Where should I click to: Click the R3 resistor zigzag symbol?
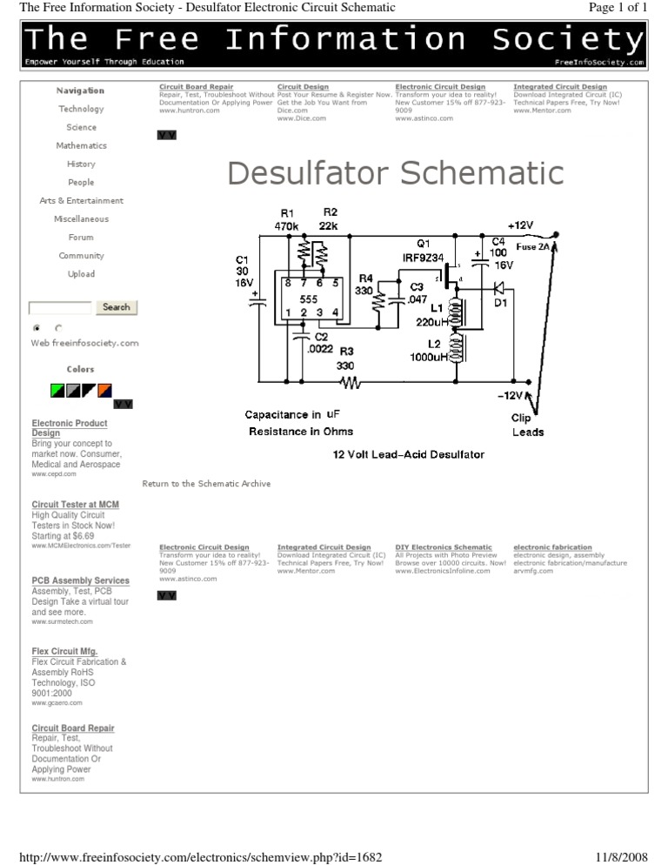point(350,381)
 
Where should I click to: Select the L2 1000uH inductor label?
point(435,351)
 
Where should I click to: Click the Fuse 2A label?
point(532,247)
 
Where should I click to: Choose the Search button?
point(116,307)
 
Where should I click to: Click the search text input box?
point(60,308)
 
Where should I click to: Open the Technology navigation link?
point(81,109)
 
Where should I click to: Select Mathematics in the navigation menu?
point(81,145)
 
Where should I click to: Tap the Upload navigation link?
point(81,274)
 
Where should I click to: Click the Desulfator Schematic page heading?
point(396,172)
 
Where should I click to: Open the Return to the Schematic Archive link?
point(206,484)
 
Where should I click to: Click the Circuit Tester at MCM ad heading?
point(76,505)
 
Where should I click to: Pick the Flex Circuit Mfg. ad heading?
point(65,651)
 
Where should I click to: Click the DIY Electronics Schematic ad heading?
point(443,547)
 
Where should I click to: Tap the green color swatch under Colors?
point(57,389)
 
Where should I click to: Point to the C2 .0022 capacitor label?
point(321,342)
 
